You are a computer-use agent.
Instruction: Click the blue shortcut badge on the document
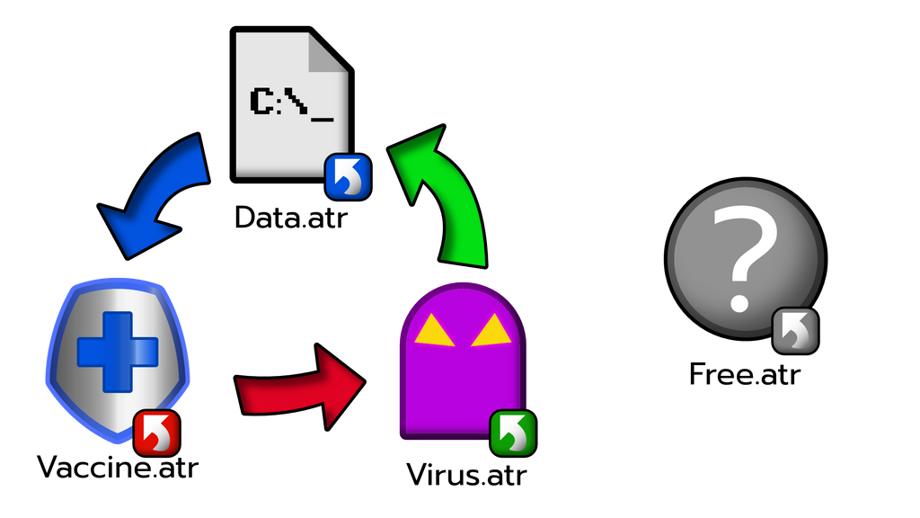point(347,176)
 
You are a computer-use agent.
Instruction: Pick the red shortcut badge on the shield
point(156,433)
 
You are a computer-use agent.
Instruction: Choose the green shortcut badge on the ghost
point(512,433)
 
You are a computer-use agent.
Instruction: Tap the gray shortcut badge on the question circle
point(795,330)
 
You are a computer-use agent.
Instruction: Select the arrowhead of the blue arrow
point(130,230)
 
